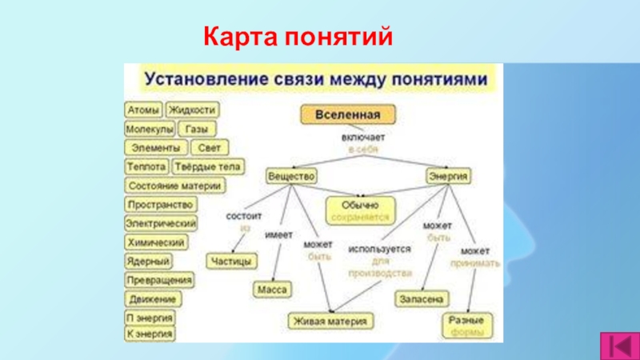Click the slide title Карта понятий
(x=298, y=36)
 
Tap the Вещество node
(x=292, y=174)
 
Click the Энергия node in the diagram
(x=448, y=174)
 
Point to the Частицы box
(x=231, y=261)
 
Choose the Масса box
(x=273, y=289)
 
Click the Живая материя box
(x=330, y=321)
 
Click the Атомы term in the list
(x=144, y=110)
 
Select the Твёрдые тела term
(x=207, y=167)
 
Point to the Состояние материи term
(x=174, y=186)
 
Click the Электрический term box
(x=161, y=223)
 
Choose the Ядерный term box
(x=148, y=261)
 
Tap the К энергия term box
(x=150, y=334)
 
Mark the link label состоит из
(x=244, y=222)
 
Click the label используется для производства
(x=380, y=261)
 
